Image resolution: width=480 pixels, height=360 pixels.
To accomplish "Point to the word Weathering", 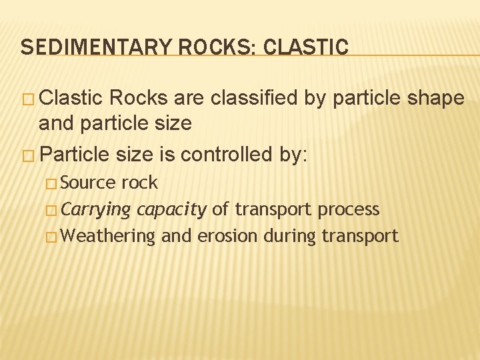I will pos(111,236).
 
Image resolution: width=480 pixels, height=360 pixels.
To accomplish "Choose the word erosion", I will pos(228,236).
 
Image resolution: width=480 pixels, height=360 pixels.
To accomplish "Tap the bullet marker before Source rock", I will pos(55,183).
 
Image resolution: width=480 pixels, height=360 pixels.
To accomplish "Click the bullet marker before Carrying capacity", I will pos(55,210).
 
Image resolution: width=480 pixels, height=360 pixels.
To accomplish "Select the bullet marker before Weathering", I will pos(55,237).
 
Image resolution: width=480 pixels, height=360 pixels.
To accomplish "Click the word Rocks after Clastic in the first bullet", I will pos(138,98).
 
